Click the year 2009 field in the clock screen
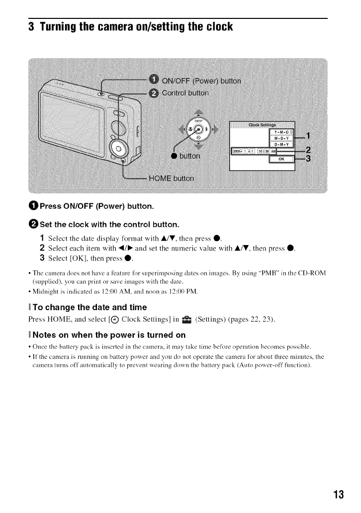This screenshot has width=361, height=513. pos(236,151)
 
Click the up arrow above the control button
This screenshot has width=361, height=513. pos(198,112)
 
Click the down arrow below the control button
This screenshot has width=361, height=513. pos(198,146)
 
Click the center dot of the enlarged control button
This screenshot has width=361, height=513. pos(198,130)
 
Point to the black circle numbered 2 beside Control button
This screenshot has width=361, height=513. pos(154,93)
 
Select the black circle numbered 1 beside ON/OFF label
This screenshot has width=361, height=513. pos(154,81)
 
